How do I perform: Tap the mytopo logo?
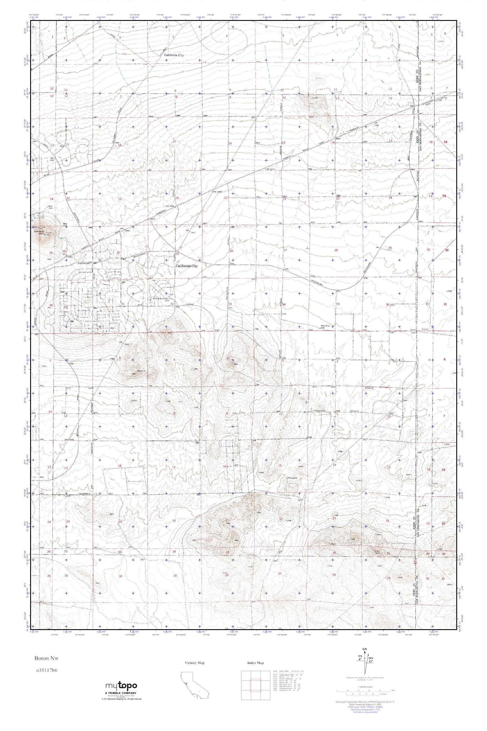point(121,694)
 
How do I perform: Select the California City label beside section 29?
point(186,266)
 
